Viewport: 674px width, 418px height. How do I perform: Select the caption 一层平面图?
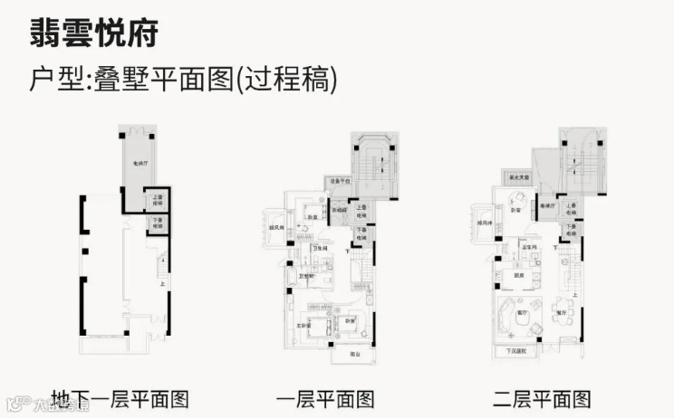pos(323,398)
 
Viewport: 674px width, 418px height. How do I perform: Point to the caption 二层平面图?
pos(542,398)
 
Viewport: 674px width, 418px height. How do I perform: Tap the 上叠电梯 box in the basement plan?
pos(157,201)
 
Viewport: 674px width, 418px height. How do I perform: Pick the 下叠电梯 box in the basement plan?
pos(157,223)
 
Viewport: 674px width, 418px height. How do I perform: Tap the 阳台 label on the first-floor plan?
pos(355,353)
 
